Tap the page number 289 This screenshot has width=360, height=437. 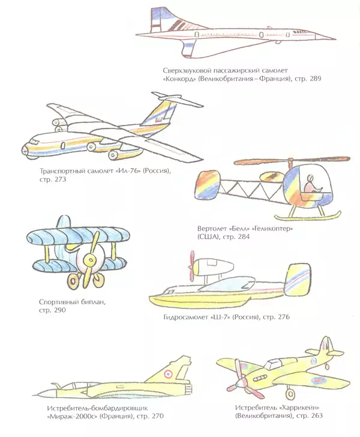(x=316, y=80)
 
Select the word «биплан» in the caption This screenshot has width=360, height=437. (x=69, y=303)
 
